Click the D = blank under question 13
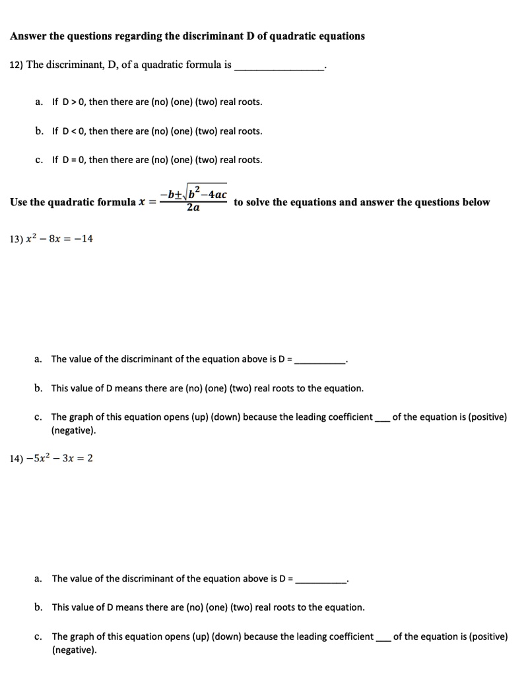pos(321,360)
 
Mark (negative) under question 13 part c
pos(73,431)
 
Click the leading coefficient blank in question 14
pos(383,638)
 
